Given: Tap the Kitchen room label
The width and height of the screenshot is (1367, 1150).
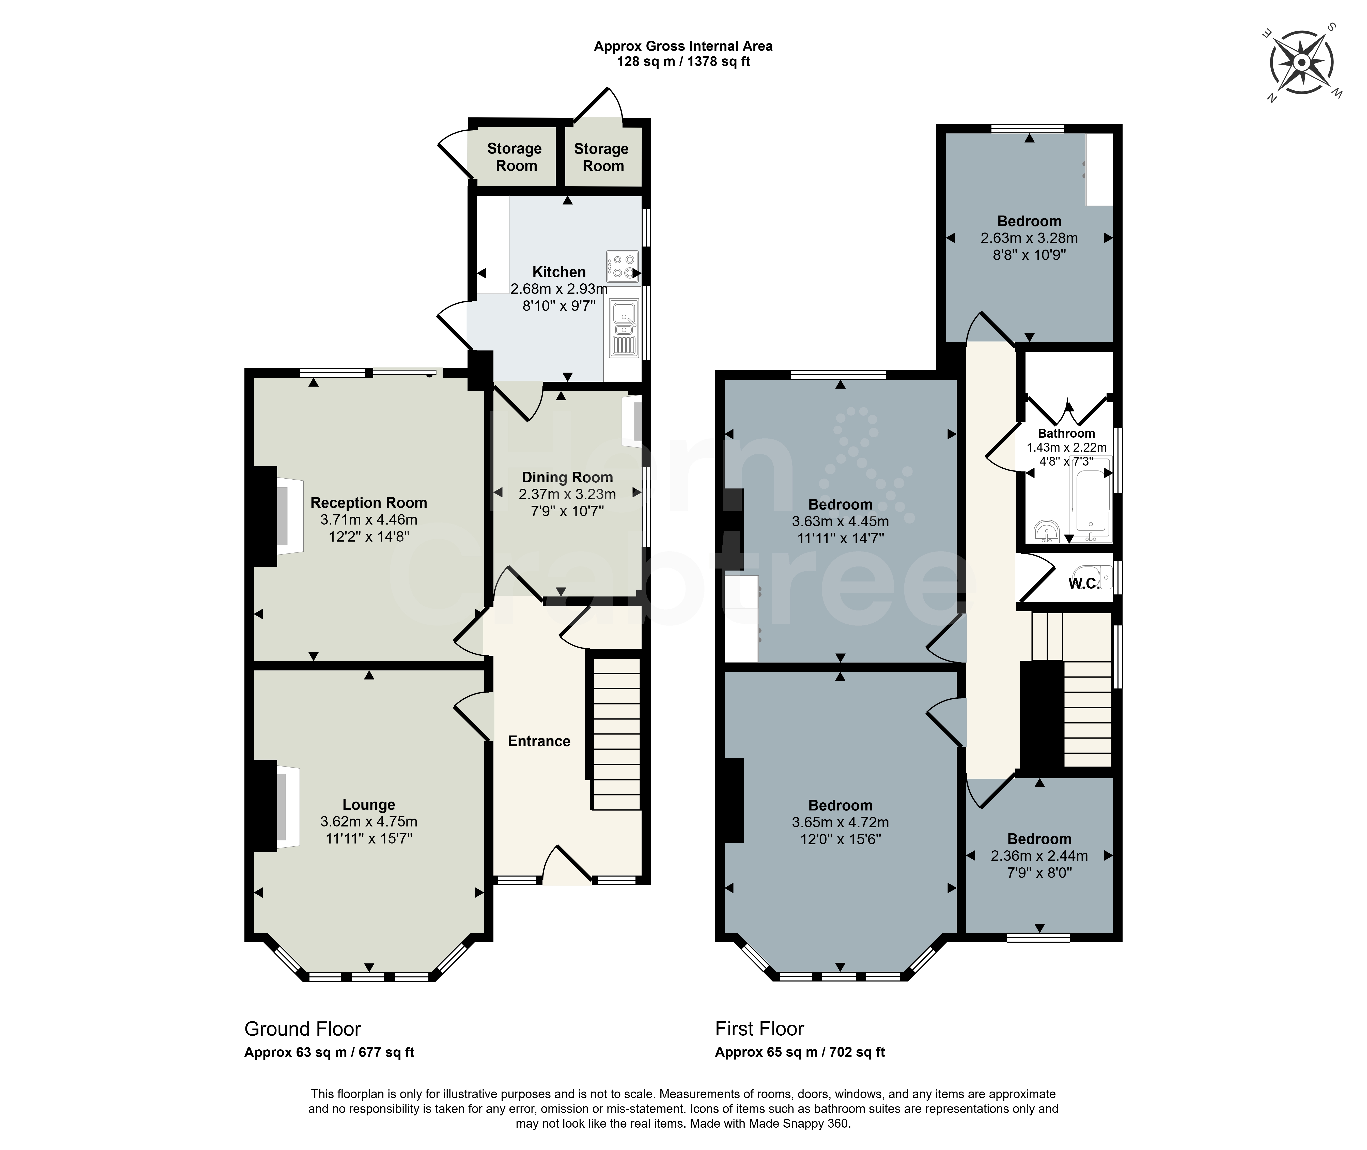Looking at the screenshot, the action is pos(559,272).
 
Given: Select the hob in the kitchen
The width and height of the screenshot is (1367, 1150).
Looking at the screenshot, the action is pos(622,267).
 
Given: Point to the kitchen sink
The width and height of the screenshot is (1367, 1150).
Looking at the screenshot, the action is pos(624,328).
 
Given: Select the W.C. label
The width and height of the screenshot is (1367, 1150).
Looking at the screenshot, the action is pos(1083,584).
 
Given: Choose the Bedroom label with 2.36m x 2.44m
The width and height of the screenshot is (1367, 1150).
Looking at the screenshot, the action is pos(1039,839).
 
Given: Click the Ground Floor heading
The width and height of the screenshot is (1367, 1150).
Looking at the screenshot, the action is pos(302,1029).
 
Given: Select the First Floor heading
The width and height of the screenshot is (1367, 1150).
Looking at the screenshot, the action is pos(759,1029).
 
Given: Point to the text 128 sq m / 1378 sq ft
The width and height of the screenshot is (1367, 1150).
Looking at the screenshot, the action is pos(683,62).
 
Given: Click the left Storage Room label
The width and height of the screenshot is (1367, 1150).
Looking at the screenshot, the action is pos(515,157).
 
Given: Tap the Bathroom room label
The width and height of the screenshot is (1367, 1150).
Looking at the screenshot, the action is pos(1066,434).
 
